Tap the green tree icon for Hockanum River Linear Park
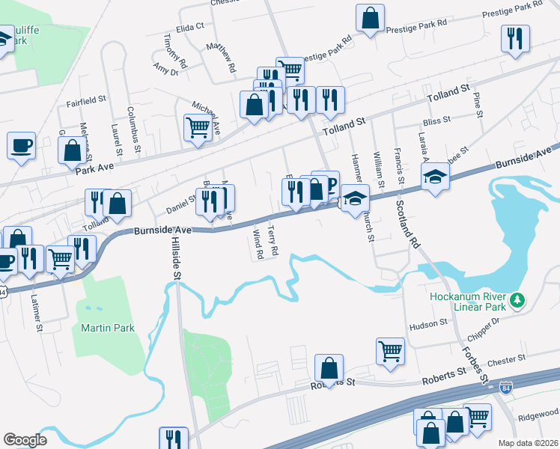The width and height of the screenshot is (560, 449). pyautogui.click(x=516, y=301)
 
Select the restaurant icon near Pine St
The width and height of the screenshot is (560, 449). pyautogui.click(x=515, y=37)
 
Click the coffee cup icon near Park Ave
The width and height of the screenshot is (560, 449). pyautogui.click(x=21, y=144)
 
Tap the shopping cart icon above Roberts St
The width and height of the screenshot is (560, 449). pyautogui.click(x=391, y=350)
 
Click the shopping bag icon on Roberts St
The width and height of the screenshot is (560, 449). pyautogui.click(x=329, y=367)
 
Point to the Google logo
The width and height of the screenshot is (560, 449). pyautogui.click(x=25, y=440)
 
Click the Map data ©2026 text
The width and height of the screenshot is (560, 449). pyautogui.click(x=529, y=443)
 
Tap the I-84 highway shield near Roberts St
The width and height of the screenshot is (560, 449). pyautogui.click(x=507, y=388)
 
